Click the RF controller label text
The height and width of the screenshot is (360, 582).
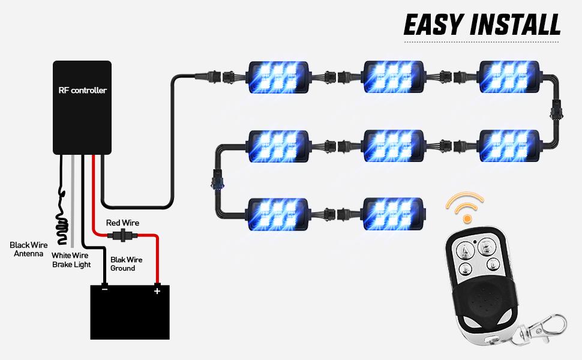point(82,91)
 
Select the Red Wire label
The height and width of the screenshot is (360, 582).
point(122,223)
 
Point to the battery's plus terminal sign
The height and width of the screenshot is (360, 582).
point(157,291)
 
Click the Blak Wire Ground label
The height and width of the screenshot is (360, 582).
point(126,264)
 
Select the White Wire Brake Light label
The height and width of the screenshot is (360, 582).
point(70,260)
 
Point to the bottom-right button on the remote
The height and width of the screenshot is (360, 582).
point(492,263)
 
